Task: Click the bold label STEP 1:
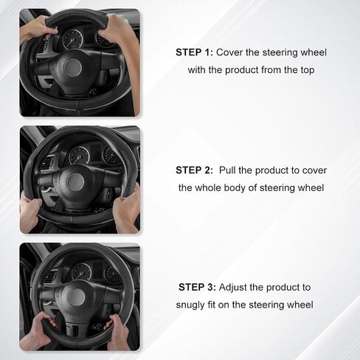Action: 194,52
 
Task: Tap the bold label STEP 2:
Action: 194,170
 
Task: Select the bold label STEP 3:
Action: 197,287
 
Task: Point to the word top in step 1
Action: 307,70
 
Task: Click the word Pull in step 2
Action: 227,170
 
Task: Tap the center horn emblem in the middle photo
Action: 75,181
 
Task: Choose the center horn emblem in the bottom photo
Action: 77,297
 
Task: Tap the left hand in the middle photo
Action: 30,212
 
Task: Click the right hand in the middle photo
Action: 128,209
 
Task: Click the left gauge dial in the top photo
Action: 72,39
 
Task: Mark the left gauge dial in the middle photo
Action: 79,156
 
